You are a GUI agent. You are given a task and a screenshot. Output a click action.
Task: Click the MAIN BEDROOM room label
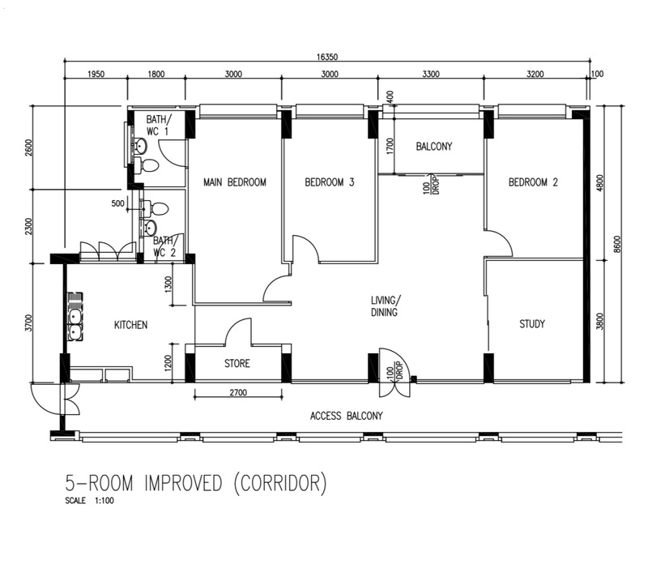pyautogui.click(x=235, y=182)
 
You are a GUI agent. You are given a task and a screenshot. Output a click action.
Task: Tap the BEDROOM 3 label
pyautogui.click(x=330, y=182)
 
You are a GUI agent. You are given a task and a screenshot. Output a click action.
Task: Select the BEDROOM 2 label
pyautogui.click(x=533, y=182)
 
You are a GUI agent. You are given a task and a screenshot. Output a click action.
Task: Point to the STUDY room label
pyautogui.click(x=532, y=324)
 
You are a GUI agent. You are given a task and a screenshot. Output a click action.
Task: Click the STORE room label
pyautogui.click(x=237, y=364)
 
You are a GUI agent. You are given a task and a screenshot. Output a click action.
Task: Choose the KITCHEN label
pyautogui.click(x=130, y=325)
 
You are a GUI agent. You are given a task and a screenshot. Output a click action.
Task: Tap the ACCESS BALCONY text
pyautogui.click(x=347, y=416)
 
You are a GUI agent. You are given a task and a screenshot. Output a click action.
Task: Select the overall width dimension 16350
pyautogui.click(x=327, y=57)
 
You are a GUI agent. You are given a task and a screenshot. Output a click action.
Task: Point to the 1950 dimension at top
pyautogui.click(x=96, y=74)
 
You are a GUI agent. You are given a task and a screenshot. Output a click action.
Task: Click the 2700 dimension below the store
pyautogui.click(x=238, y=392)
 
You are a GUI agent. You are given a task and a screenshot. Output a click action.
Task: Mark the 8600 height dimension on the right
pyautogui.click(x=617, y=245)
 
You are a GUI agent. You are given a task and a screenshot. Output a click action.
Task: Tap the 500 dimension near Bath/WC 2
pyautogui.click(x=117, y=203)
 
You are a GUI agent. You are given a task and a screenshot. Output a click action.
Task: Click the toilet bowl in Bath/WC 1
pyautogui.click(x=147, y=166)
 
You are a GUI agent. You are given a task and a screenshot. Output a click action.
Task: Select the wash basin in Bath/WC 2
pyautogui.click(x=149, y=228)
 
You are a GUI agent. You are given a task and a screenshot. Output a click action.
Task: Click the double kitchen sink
pyautogui.click(x=75, y=317)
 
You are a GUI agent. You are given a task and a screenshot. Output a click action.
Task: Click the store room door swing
pyautogui.click(x=238, y=331)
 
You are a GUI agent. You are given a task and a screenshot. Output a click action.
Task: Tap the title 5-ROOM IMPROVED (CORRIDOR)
pyautogui.click(x=196, y=483)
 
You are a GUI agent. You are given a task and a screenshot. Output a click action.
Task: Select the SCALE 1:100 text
pyautogui.click(x=89, y=501)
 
